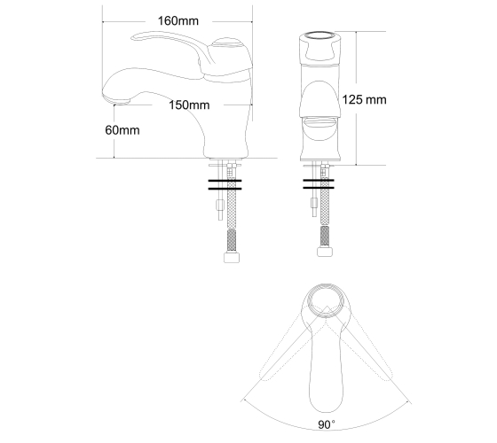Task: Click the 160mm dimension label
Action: pyautogui.click(x=178, y=21)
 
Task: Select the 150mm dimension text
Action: pyautogui.click(x=189, y=105)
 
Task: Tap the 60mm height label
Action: pyautogui.click(x=122, y=130)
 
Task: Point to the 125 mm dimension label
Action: pyautogui.click(x=364, y=99)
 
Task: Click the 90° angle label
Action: pyautogui.click(x=327, y=424)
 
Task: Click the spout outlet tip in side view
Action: pyautogui.click(x=121, y=102)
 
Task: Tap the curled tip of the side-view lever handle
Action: pyautogui.click(x=135, y=37)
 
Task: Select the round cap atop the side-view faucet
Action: pyautogui.click(x=226, y=43)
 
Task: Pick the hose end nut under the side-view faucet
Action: pyautogui.click(x=232, y=257)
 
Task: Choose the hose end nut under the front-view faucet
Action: pyautogui.click(x=325, y=252)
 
